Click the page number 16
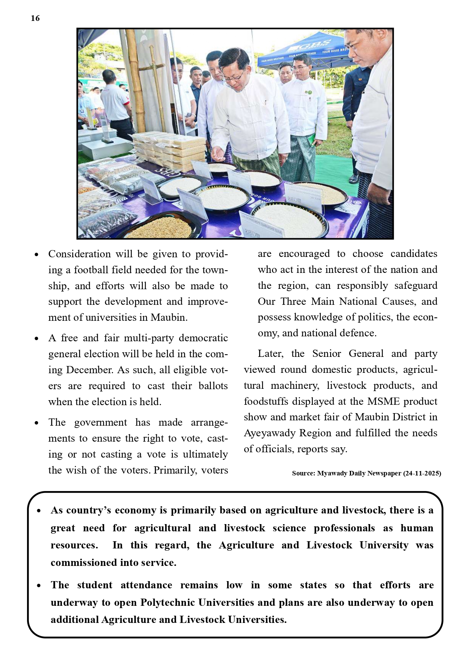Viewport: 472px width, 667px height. click(x=35, y=18)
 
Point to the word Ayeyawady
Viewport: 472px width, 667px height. click(x=270, y=433)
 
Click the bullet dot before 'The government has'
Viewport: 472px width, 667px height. click(x=37, y=423)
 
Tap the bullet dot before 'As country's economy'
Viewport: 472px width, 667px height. click(x=39, y=511)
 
